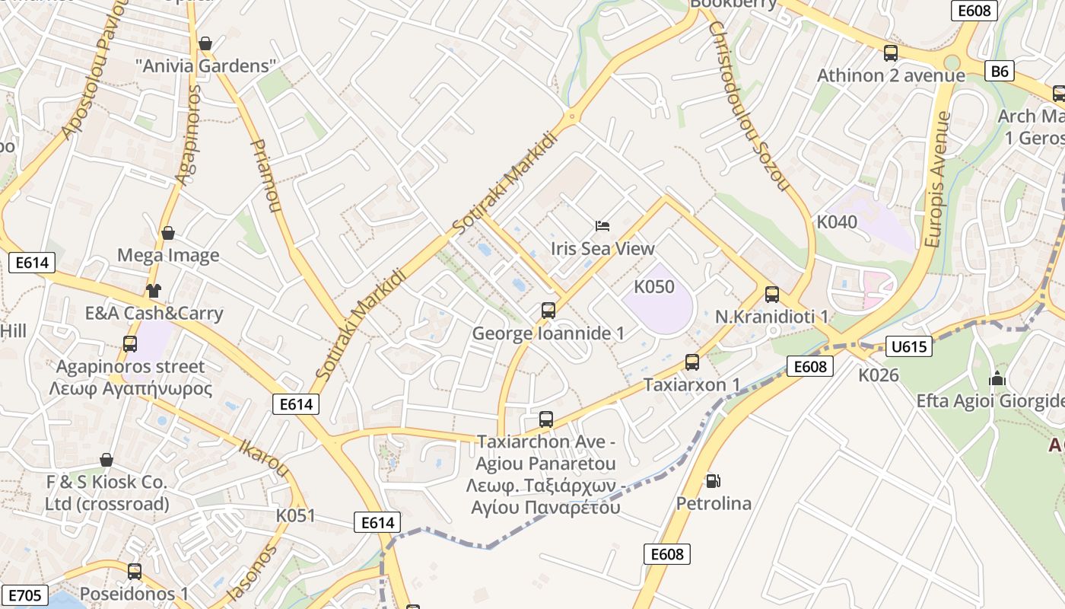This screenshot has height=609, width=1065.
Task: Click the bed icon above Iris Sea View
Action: click(x=602, y=225)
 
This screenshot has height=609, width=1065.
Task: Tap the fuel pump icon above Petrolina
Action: click(x=713, y=480)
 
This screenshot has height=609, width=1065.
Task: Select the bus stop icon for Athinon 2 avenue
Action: click(x=891, y=53)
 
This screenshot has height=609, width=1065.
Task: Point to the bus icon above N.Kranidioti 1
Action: click(x=772, y=294)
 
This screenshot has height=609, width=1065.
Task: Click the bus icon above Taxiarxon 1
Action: click(x=692, y=362)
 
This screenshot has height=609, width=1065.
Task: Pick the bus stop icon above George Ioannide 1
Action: click(x=548, y=311)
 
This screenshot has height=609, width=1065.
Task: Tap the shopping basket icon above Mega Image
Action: click(x=168, y=232)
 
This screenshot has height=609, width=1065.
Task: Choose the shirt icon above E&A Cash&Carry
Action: click(x=154, y=290)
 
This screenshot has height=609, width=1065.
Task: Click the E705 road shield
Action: click(x=24, y=595)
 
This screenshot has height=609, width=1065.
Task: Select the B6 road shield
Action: click(x=1000, y=72)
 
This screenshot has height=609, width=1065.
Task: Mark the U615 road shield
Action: click(x=909, y=347)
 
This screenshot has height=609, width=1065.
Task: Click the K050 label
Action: click(x=654, y=287)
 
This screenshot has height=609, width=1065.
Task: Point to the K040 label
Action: click(x=837, y=222)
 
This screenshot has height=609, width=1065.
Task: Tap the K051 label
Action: click(x=295, y=515)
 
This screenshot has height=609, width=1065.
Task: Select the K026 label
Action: click(x=879, y=375)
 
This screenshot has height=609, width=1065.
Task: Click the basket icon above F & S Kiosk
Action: click(x=106, y=460)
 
